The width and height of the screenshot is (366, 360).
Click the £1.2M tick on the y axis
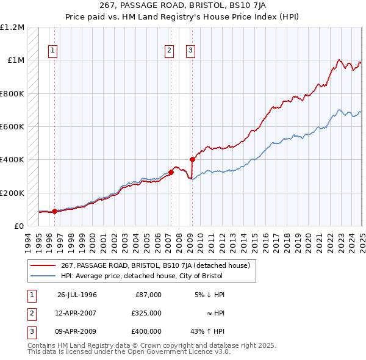[13, 27]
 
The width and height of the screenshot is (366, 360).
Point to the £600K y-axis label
[12, 126]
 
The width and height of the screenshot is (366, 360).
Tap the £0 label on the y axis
[19, 226]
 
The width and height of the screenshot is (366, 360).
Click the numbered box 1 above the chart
[53, 51]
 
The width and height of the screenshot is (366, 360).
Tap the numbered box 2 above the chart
[169, 51]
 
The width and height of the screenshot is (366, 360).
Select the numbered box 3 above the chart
[191, 51]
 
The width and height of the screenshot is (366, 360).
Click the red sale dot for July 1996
[54, 212]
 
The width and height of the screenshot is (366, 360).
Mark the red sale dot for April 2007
[171, 172]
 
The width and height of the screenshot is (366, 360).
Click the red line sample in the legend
[44, 265]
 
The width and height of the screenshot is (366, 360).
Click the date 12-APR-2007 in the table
[77, 313]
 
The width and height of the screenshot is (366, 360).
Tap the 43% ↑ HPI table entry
[209, 331]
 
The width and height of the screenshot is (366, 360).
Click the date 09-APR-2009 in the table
[77, 331]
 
